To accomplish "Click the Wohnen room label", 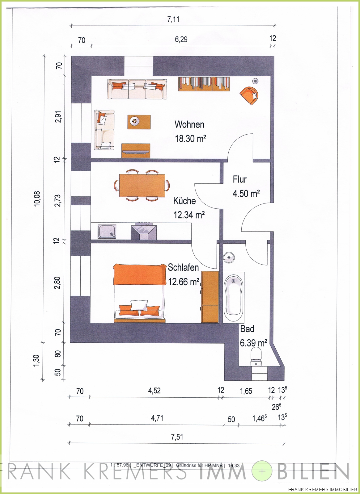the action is [189, 125].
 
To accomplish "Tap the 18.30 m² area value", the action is [190, 139].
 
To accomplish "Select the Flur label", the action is [239, 179].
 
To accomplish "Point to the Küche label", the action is [184, 201].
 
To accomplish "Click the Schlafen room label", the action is [183, 267].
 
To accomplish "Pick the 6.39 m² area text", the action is [253, 343].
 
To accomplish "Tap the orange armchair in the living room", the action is [249, 95].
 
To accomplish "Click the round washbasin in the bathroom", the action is [229, 257].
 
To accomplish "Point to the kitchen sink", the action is [107, 231].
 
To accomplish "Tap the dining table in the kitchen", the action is [142, 186].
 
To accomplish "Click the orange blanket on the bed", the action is [140, 274].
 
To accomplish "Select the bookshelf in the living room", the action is [204, 84].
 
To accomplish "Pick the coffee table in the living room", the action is [139, 122].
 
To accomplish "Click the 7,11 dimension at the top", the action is [173, 19].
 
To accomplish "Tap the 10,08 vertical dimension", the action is [37, 199].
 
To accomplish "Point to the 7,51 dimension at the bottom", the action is [177, 437].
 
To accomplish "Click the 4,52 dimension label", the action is [154, 391].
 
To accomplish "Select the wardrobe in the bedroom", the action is [210, 297].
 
